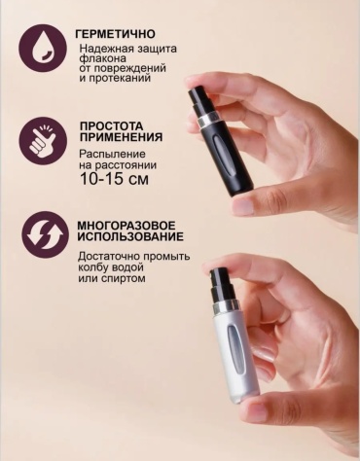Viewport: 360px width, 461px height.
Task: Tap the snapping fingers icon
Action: point(43,141)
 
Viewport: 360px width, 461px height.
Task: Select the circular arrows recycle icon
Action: point(45,234)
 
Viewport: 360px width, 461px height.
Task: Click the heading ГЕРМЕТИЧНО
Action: point(115,34)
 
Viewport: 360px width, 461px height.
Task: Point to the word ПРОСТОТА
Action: point(111,125)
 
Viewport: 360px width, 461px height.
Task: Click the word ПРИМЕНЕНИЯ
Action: point(121,137)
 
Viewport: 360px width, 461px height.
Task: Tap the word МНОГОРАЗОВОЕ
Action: point(126,226)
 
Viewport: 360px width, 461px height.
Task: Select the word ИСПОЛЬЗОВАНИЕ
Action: point(130,236)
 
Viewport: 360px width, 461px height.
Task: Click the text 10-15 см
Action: point(114,179)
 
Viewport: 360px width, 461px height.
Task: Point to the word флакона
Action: point(102,58)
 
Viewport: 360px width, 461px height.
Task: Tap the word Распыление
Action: point(112,154)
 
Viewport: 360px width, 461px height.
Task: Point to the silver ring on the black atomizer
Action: point(207,121)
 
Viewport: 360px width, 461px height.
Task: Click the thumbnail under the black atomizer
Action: point(244,206)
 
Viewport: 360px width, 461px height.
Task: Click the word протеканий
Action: point(119,79)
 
